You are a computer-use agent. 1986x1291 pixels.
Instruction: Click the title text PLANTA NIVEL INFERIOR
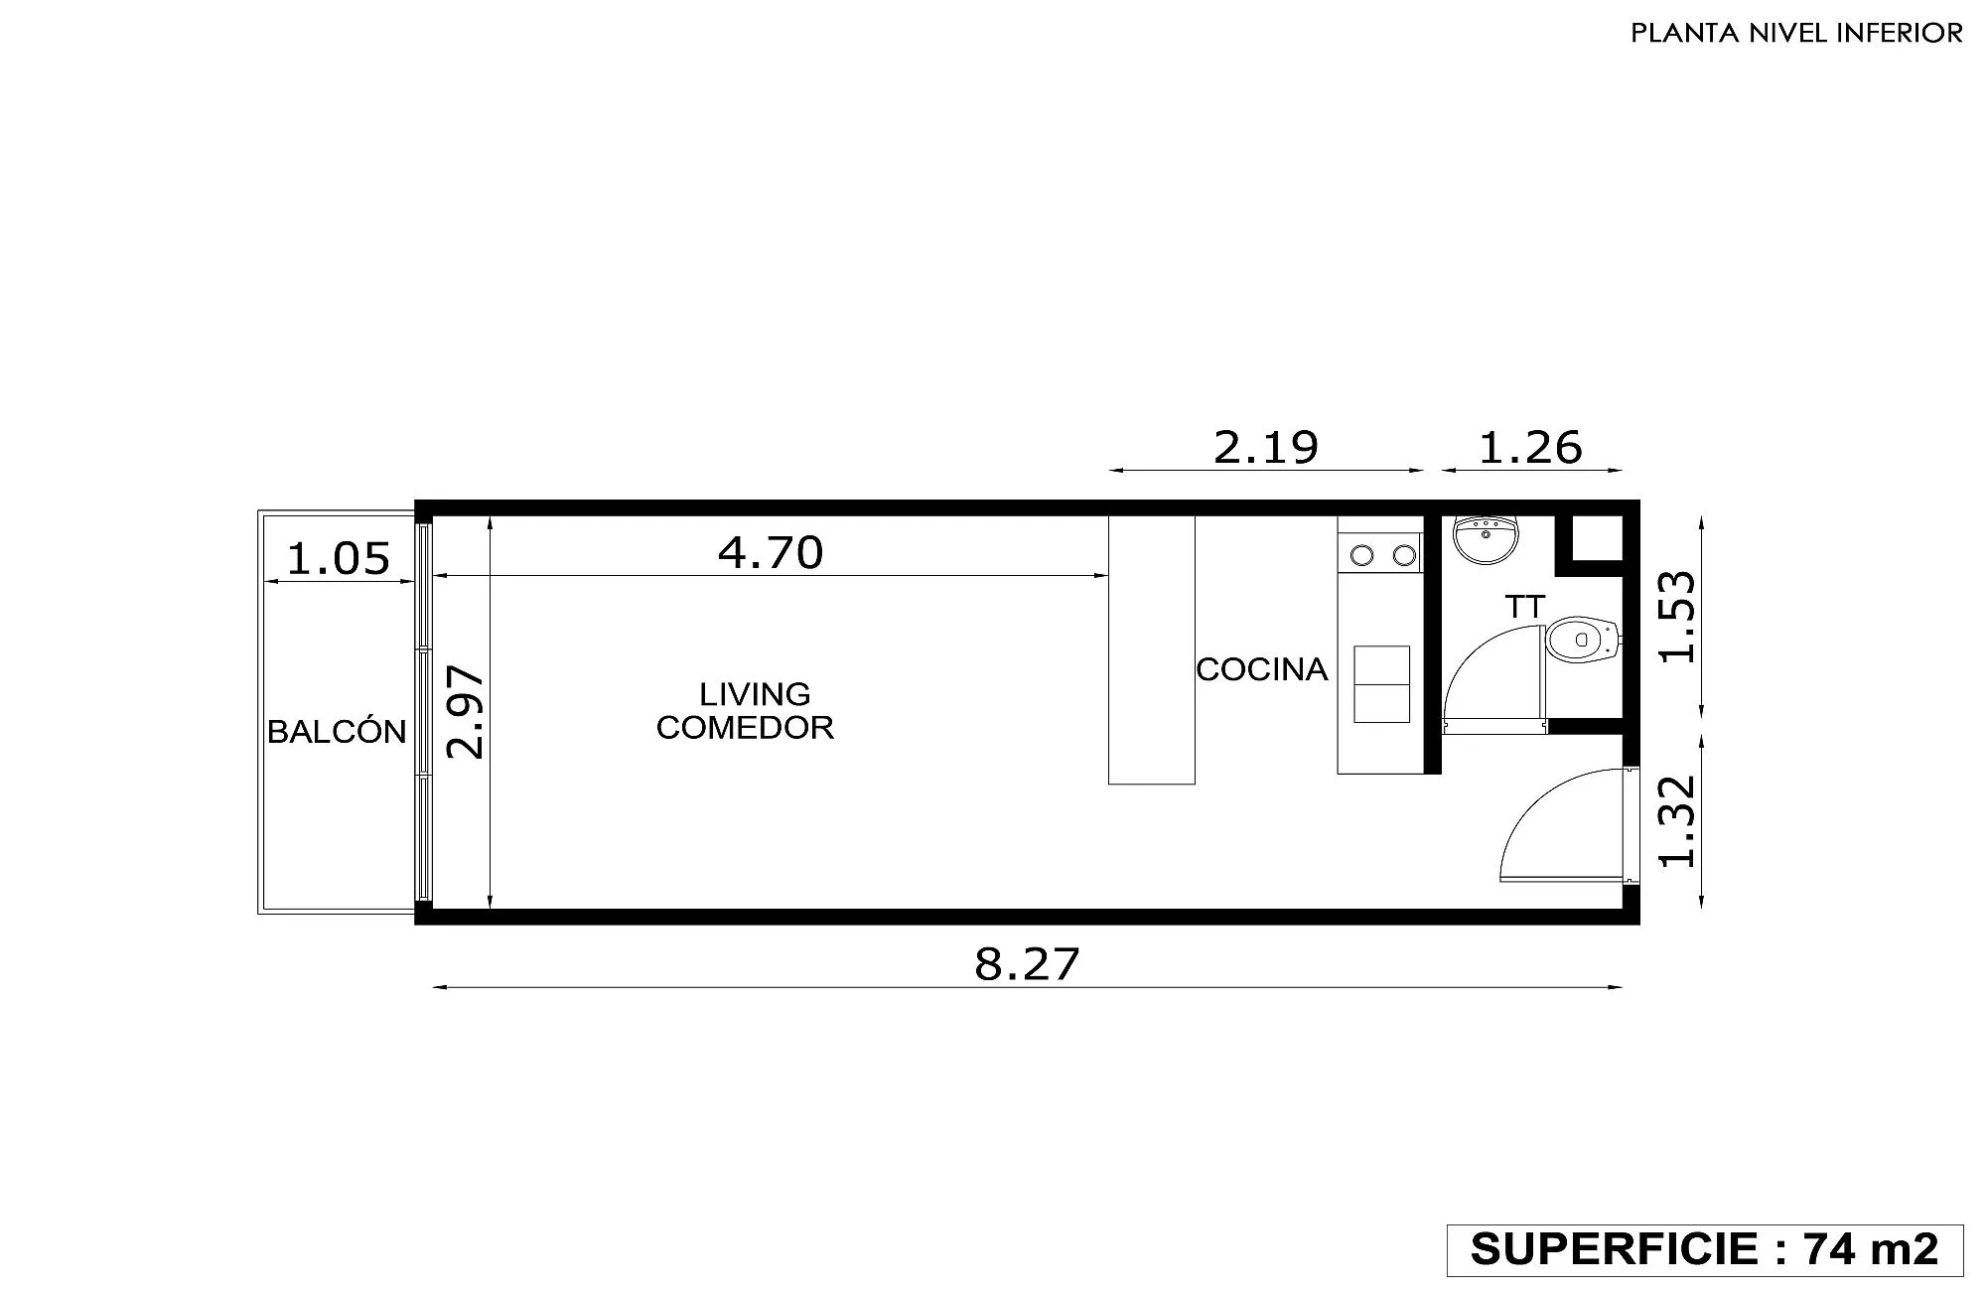pos(1796,33)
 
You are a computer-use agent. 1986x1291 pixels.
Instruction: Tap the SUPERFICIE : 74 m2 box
pos(1705,1249)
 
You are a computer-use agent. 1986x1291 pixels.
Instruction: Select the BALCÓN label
pos(337,731)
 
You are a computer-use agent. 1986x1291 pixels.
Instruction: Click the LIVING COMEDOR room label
pos(746,710)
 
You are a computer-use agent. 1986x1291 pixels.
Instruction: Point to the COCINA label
pos(1262,669)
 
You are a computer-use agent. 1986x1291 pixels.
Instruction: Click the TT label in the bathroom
pos(1525,606)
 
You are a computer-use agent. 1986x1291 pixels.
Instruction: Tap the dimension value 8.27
pos(1027,963)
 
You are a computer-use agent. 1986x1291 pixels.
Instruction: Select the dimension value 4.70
pos(771,552)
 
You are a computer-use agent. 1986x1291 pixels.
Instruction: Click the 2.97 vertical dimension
pos(466,713)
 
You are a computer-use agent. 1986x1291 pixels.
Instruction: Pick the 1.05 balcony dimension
pos(338,558)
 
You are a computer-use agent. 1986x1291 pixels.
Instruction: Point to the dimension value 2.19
pos(1266,447)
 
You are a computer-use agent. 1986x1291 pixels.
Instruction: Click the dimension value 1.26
pos(1530,447)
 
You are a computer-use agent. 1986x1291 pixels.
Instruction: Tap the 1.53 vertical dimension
pos(1678,617)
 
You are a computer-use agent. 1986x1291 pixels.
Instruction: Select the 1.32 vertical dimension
pos(1678,821)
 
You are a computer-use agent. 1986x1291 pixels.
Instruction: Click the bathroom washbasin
pos(1486,538)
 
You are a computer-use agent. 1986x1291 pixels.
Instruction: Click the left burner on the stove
pos(1362,555)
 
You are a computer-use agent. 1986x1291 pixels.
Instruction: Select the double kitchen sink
pos(1381,684)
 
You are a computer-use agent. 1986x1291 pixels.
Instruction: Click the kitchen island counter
pos(1151,649)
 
